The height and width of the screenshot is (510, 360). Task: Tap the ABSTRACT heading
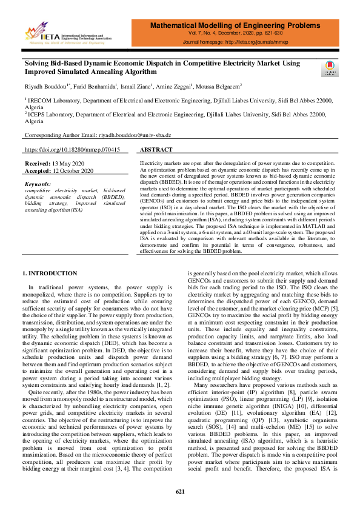156,150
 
